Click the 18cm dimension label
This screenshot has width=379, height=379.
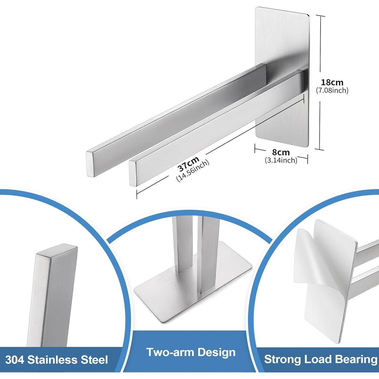point(332,82)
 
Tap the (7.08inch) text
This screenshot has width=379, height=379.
point(332,90)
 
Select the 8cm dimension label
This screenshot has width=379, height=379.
point(281,153)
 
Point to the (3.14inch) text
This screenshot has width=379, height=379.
point(281,160)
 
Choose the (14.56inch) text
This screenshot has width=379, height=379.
point(192,171)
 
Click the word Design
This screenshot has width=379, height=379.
point(216,352)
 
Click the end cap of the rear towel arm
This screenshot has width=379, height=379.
point(90,164)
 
